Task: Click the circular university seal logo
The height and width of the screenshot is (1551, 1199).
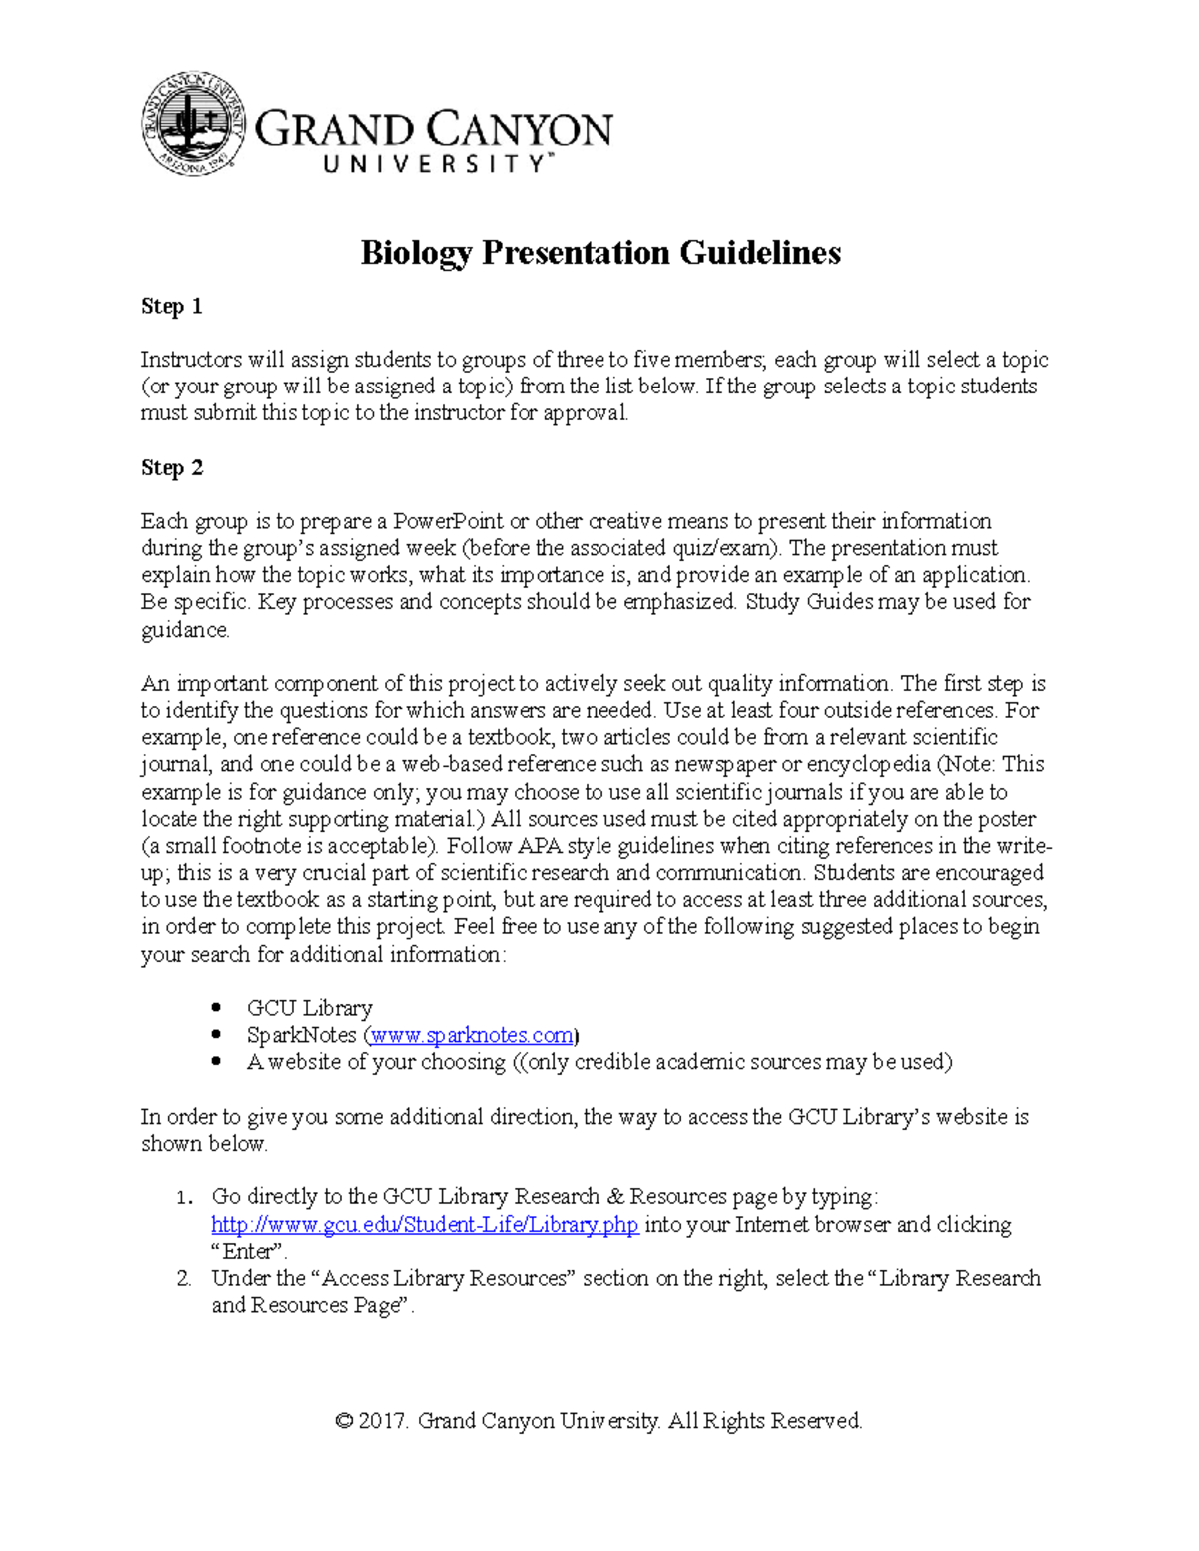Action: pos(193,124)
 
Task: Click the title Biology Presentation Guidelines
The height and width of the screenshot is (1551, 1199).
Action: pos(600,253)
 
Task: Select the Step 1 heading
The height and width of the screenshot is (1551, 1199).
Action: pos(172,307)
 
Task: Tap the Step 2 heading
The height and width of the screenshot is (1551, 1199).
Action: pos(172,468)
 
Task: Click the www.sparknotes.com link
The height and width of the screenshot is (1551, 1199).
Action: pos(472,1035)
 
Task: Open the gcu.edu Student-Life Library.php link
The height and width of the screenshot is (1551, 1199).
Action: pos(425,1225)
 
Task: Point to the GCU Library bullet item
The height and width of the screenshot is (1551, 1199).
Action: pos(309,1008)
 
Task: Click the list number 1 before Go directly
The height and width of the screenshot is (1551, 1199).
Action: pos(183,1197)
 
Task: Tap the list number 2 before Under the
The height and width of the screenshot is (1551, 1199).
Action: pos(183,1279)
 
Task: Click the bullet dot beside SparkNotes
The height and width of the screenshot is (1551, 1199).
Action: pos(216,1036)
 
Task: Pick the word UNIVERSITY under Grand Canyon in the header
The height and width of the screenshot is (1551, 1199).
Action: pos(435,165)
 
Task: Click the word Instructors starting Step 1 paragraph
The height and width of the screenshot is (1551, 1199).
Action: pos(191,360)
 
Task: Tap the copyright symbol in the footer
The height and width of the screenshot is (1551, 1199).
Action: pos(344,1421)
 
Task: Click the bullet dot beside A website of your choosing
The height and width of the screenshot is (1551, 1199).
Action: pos(216,1063)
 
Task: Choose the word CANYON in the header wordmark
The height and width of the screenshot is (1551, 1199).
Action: pos(521,131)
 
